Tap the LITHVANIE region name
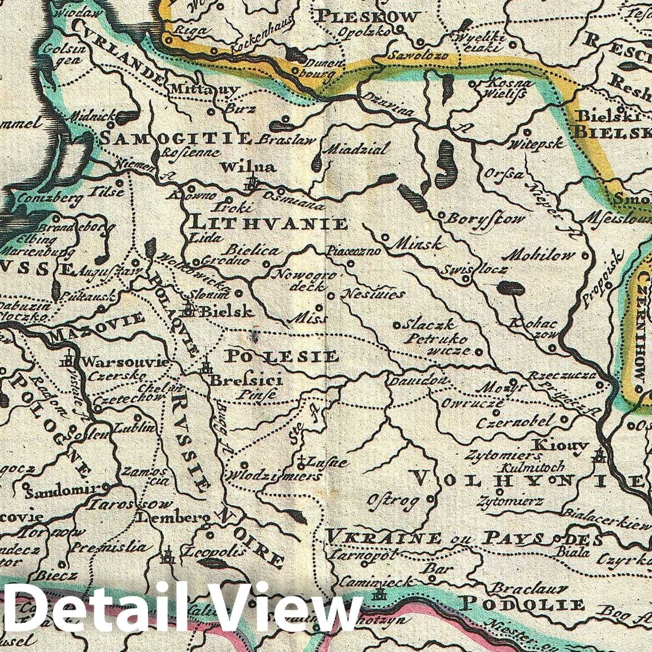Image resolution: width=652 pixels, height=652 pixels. (x=268, y=223)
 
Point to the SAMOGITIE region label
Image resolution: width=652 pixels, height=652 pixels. (x=176, y=138)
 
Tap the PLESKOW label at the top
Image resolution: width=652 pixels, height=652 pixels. (x=367, y=17)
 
